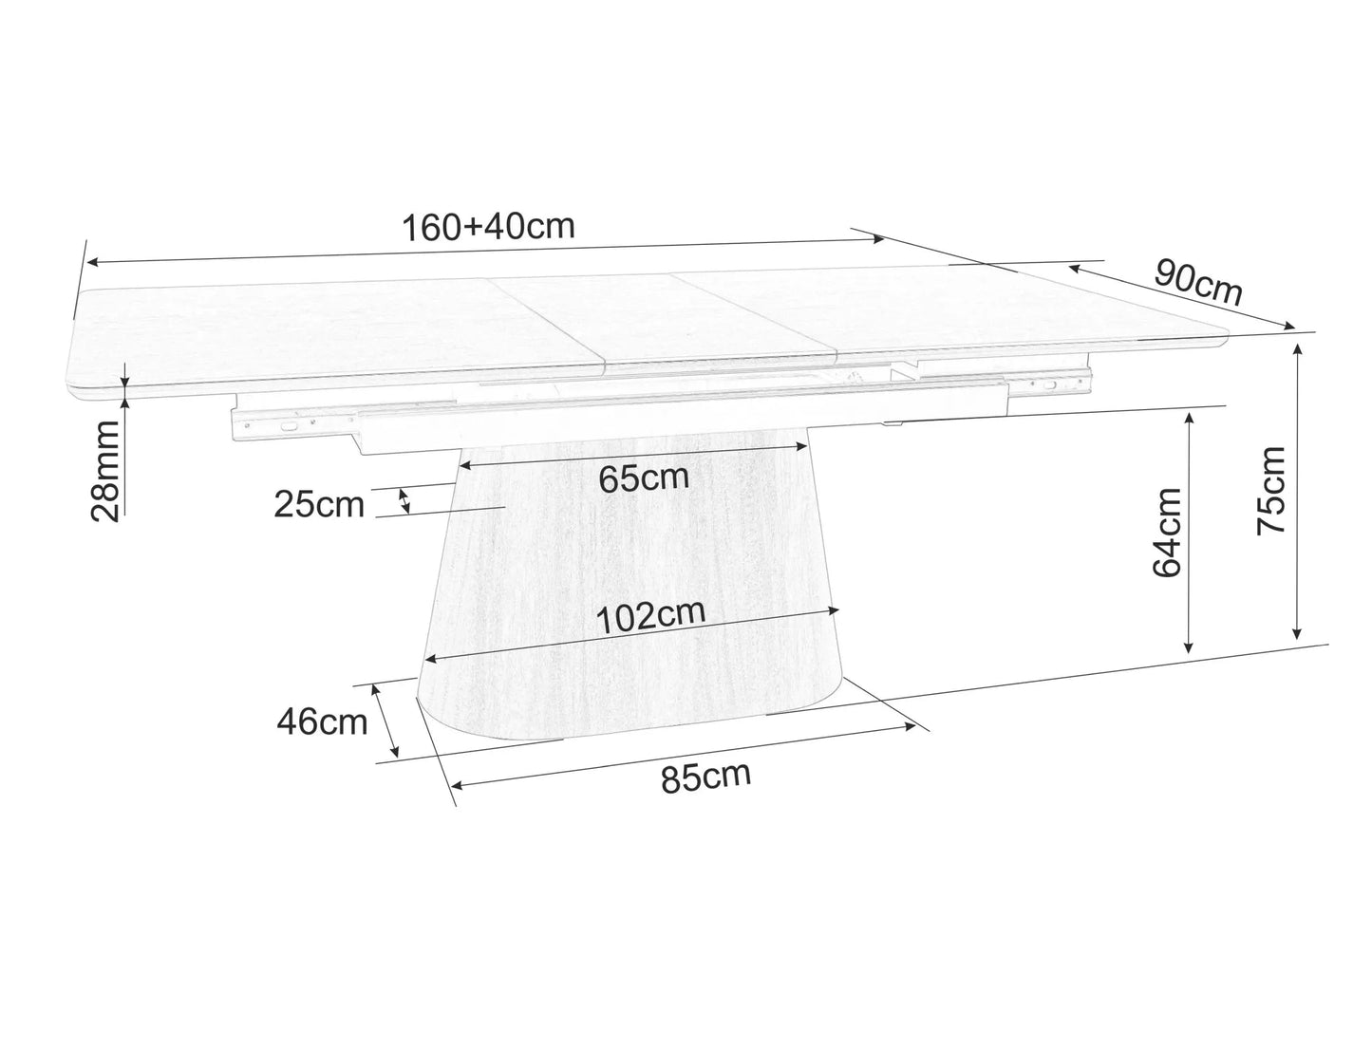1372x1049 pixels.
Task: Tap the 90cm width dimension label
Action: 1198,283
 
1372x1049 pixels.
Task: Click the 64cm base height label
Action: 1166,533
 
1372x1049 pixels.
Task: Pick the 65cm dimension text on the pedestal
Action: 644,478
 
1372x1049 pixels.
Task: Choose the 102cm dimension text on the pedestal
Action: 650,616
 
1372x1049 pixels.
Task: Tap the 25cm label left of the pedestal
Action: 319,505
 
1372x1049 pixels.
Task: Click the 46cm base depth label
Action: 322,722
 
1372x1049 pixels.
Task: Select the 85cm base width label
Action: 705,777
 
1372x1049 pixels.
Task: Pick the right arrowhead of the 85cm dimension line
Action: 913,727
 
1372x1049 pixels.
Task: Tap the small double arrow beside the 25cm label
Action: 405,500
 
